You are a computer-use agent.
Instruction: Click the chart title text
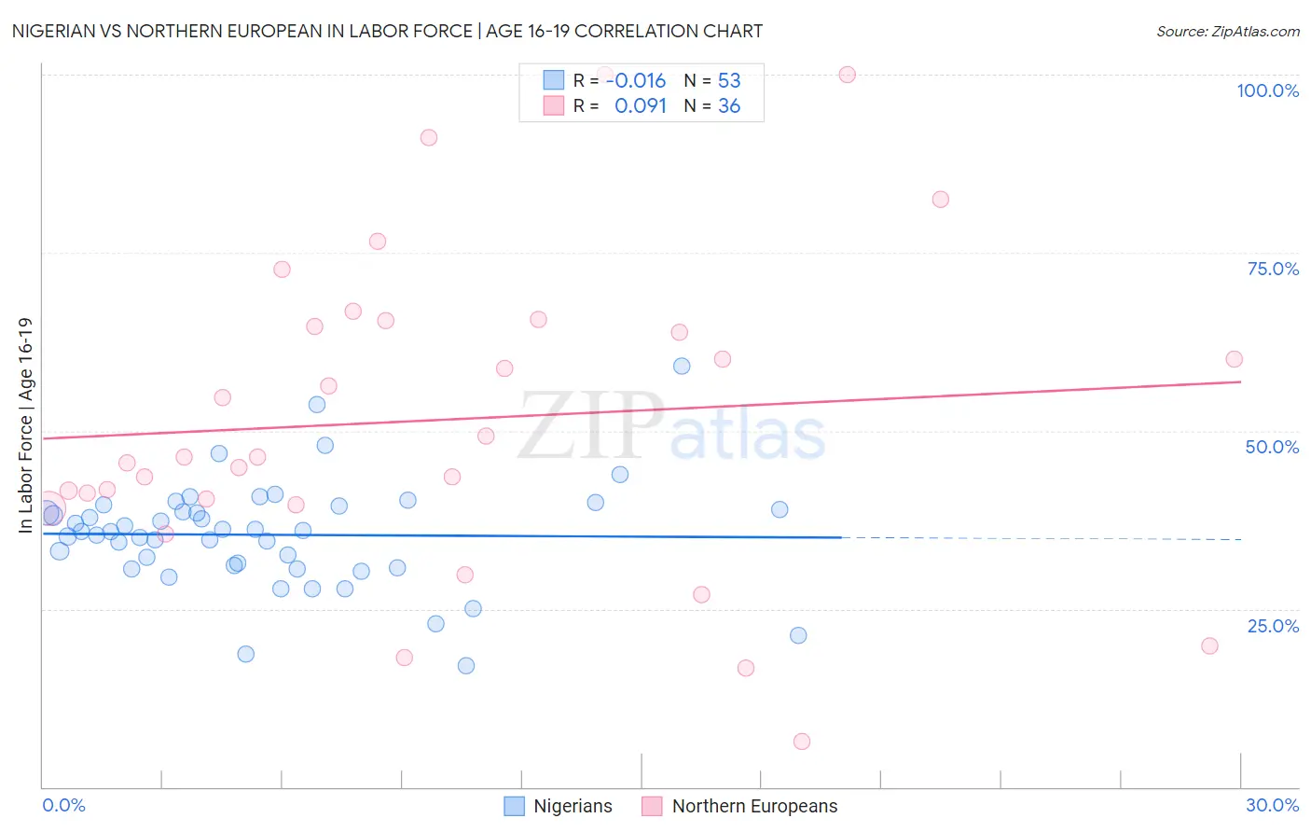click(x=387, y=31)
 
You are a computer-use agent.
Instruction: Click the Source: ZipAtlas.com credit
click(x=1227, y=31)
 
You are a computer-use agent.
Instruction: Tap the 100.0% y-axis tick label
click(x=1267, y=90)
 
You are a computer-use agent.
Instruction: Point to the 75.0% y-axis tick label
click(x=1273, y=269)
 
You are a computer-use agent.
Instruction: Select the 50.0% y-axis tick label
click(x=1272, y=447)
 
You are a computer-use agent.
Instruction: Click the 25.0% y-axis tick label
click(x=1273, y=626)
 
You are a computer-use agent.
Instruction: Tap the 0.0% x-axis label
click(x=63, y=805)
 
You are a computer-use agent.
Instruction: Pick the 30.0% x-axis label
click(x=1272, y=805)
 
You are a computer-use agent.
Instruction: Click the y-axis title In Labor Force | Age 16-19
click(x=26, y=425)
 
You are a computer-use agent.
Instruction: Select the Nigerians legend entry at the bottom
click(x=558, y=806)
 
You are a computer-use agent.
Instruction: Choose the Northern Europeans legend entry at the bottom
click(x=740, y=806)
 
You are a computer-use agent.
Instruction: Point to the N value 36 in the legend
click(x=729, y=106)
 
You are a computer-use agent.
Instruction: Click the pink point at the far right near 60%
click(x=1234, y=359)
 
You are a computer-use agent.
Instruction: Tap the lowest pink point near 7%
click(x=802, y=742)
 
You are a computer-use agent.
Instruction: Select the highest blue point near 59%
click(x=682, y=366)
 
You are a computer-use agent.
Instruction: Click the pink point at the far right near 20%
click(x=1209, y=645)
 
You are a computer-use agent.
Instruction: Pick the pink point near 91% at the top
click(x=429, y=137)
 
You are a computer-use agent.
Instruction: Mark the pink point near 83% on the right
click(x=940, y=200)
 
